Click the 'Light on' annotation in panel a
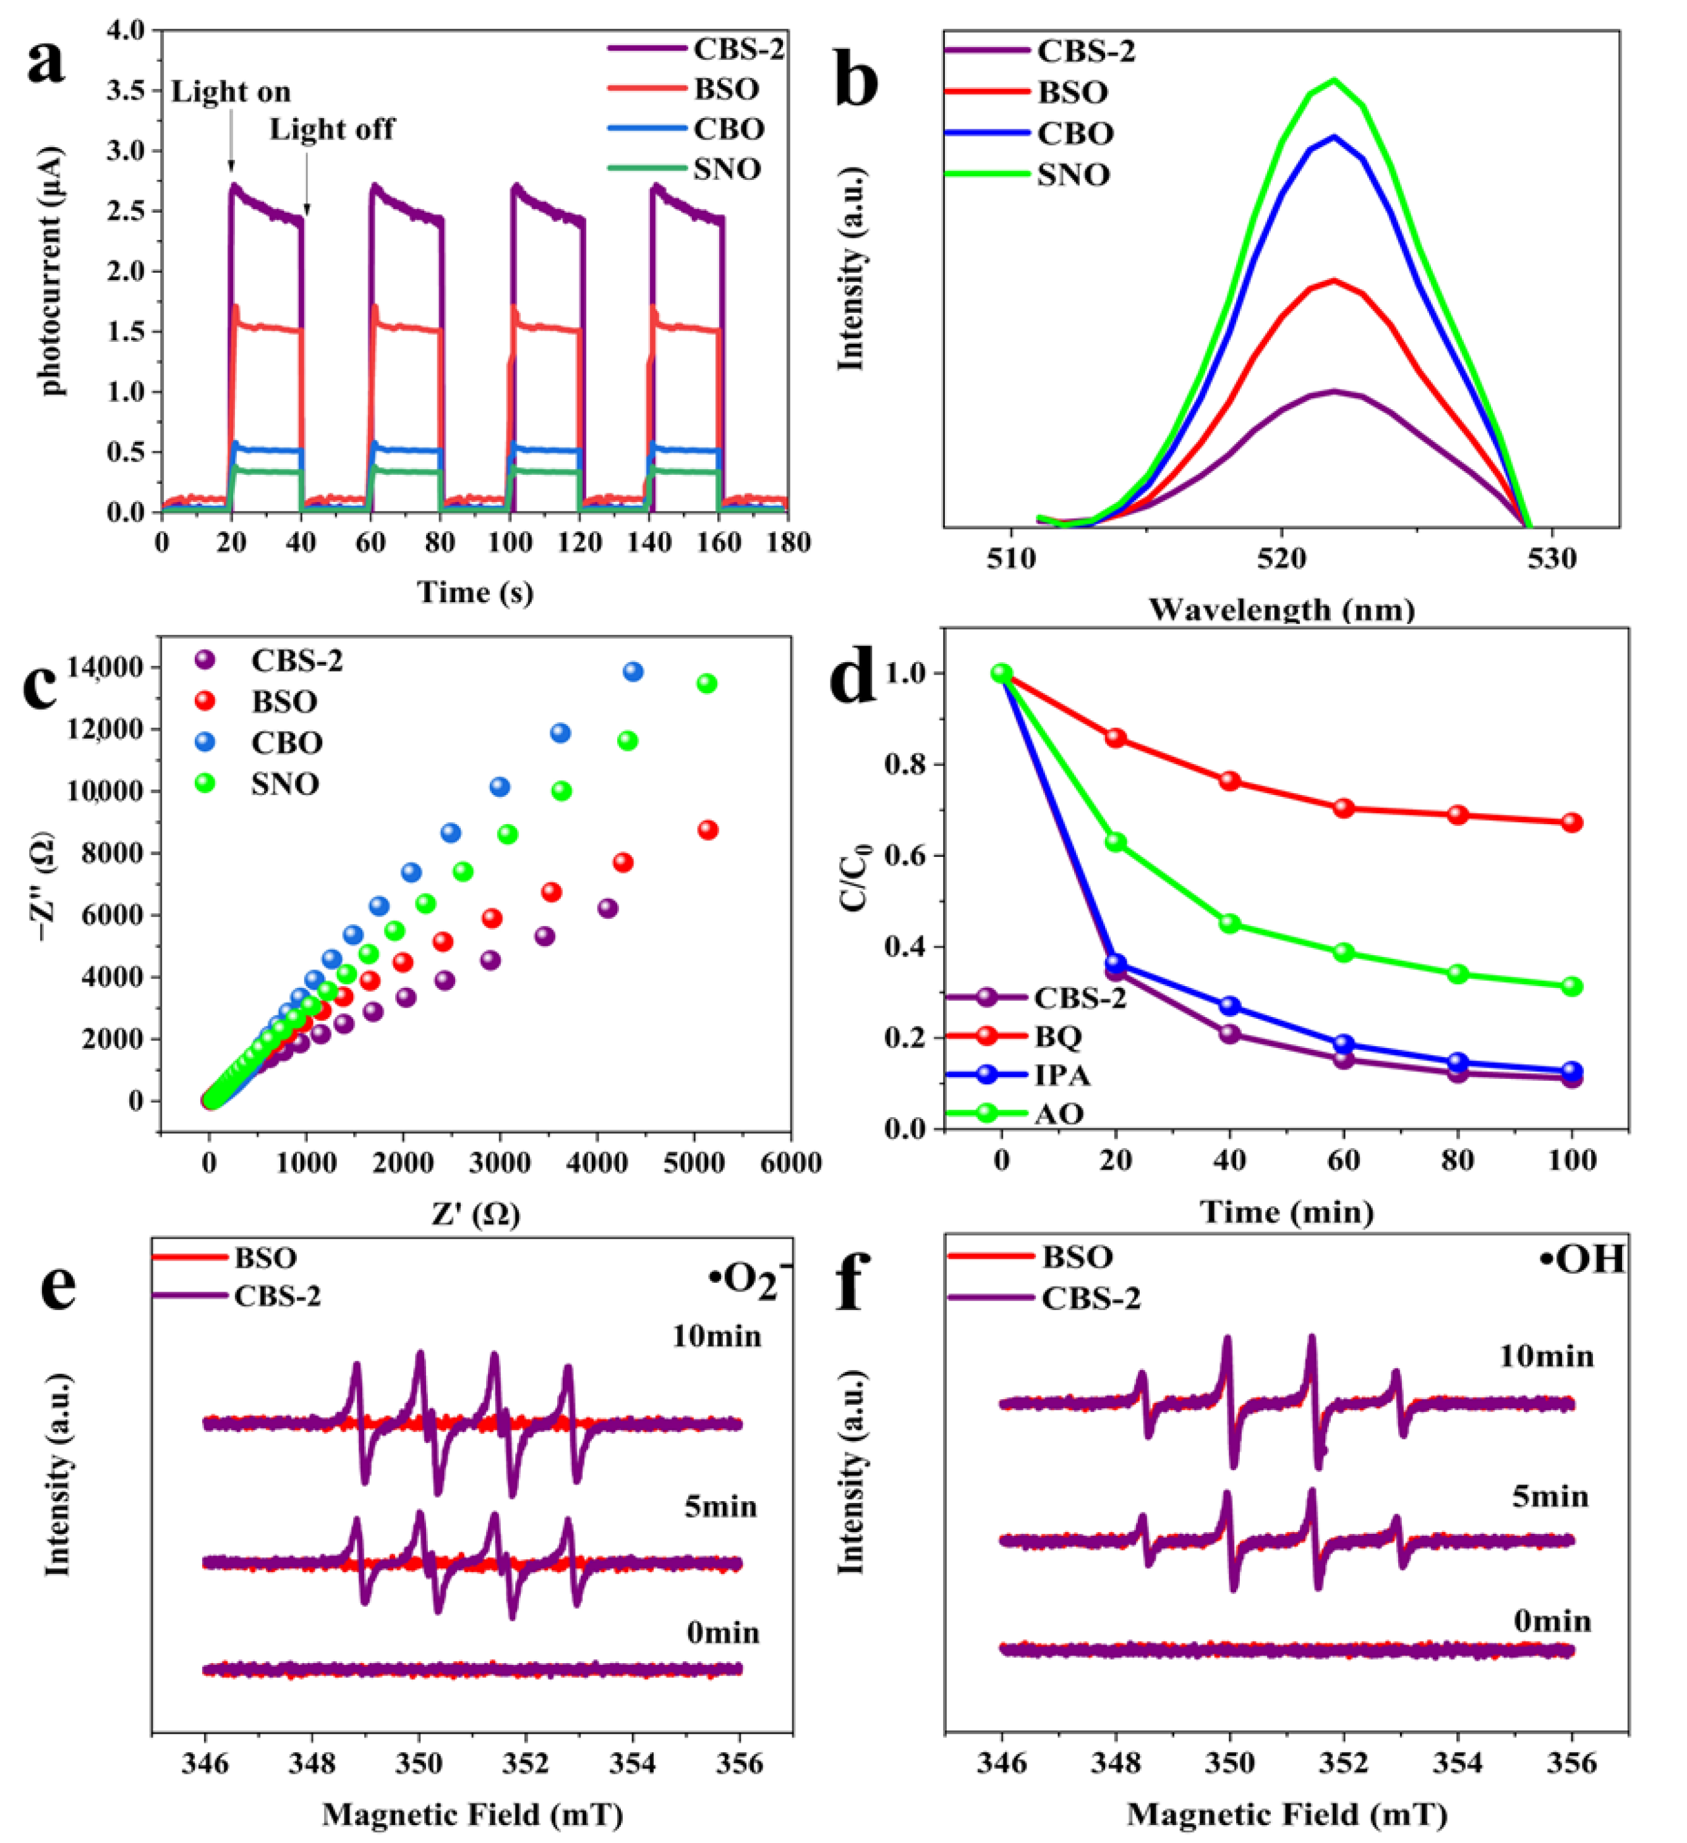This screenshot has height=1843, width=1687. point(231,92)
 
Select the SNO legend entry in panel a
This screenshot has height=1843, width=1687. point(727,169)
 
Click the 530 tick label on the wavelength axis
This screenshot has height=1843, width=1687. point(1552,558)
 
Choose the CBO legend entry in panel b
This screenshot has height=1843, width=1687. point(1074,134)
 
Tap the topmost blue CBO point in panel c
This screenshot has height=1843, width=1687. point(633,672)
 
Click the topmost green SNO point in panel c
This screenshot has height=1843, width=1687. point(707,684)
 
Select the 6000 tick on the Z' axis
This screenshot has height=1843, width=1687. point(790,1163)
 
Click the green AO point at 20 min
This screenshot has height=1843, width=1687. point(1116,842)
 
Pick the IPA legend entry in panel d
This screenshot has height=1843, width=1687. point(1062,1075)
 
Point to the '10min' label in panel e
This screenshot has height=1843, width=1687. point(717,1337)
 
